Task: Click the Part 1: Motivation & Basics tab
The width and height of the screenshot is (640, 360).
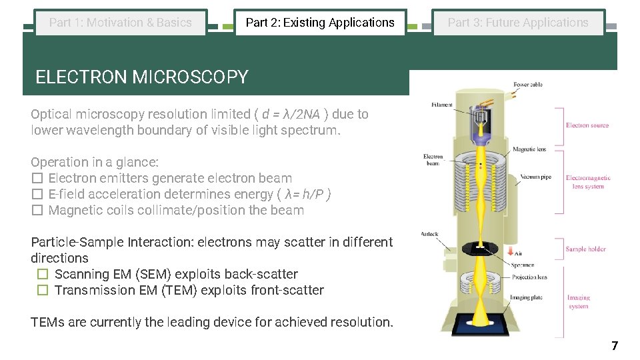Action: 121,23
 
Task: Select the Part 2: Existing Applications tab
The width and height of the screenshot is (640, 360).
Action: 320,23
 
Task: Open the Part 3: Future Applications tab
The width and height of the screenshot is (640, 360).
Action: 518,23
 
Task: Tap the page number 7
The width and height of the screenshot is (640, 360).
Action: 615,345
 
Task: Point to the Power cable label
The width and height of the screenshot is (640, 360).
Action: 528,85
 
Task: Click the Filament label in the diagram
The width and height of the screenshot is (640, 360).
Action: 442,105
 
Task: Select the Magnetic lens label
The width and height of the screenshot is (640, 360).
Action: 529,149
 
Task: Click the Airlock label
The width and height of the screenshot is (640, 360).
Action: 430,234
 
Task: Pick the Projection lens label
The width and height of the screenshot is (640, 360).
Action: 529,277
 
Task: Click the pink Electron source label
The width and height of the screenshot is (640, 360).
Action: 587,125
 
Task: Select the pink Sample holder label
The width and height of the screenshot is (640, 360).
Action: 585,249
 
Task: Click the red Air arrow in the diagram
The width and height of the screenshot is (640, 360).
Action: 511,252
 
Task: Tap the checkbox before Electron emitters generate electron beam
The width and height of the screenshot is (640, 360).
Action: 37,179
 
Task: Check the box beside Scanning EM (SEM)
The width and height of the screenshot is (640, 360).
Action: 43,275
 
